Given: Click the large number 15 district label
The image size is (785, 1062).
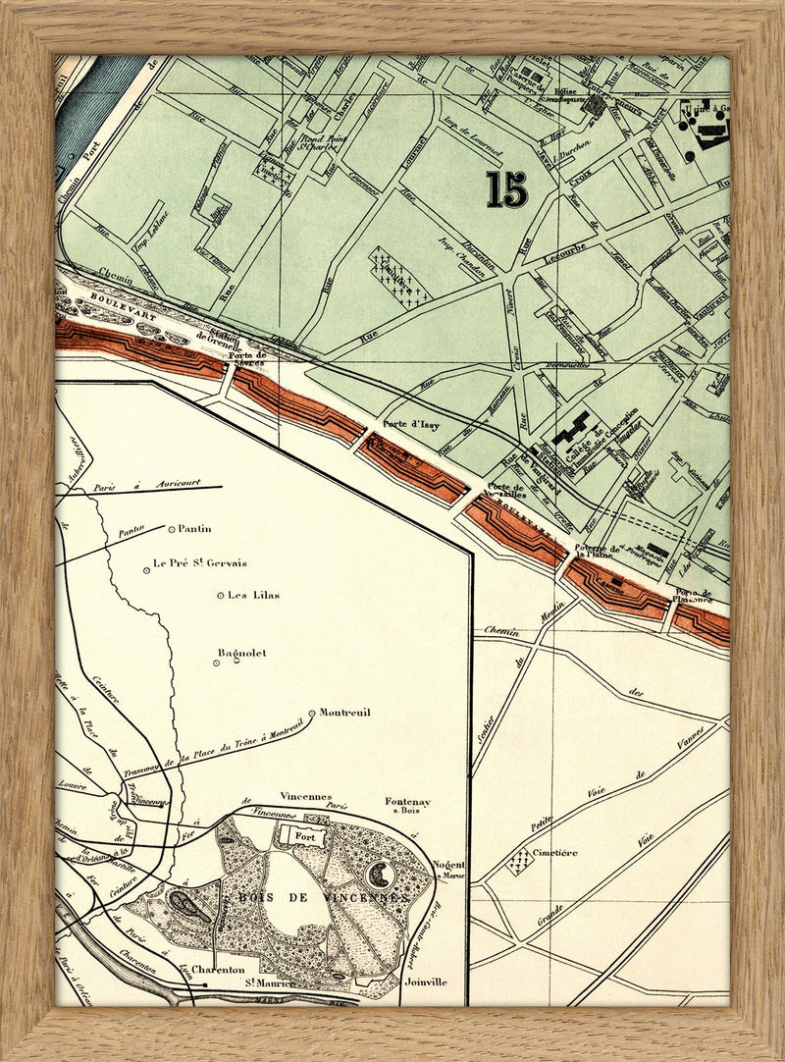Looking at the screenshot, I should (x=505, y=188).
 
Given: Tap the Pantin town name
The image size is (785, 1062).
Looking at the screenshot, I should (x=194, y=528).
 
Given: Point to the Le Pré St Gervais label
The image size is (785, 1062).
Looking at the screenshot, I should (x=200, y=563).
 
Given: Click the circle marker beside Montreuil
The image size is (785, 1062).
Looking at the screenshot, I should (x=312, y=713).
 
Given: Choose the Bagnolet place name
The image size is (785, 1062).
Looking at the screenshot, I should (x=241, y=653).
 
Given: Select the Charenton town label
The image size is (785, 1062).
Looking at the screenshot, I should (x=218, y=969).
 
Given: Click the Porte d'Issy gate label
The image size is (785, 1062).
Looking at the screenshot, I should (x=410, y=424).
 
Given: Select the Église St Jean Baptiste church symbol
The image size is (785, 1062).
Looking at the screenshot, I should (x=594, y=102).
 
